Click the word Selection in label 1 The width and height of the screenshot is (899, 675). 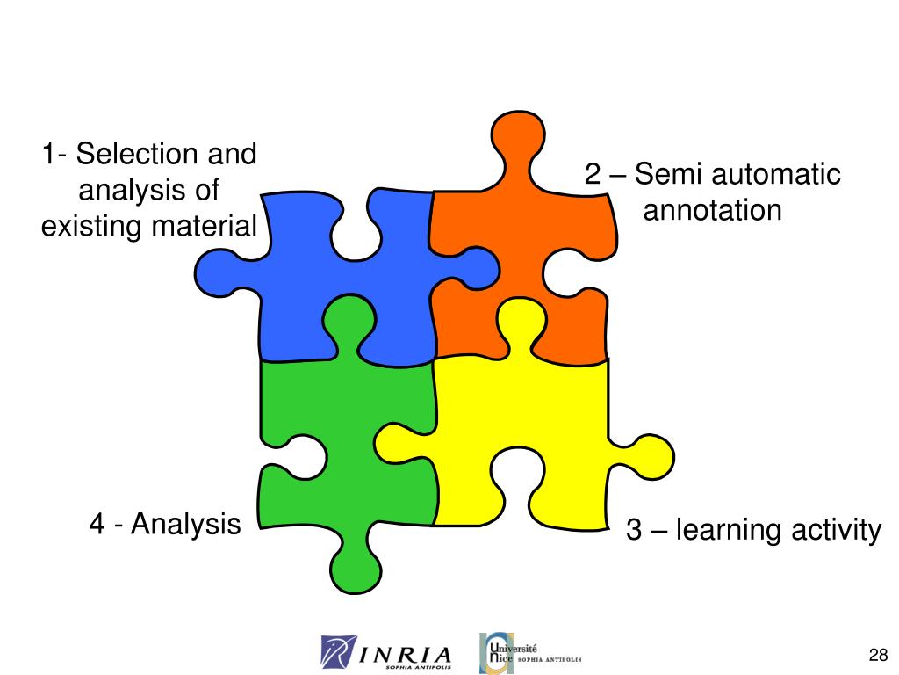[136, 155]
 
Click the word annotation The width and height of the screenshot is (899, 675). [712, 211]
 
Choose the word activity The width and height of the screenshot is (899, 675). [835, 531]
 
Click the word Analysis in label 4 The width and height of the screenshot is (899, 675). [185, 525]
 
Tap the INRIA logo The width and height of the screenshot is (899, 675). [387, 653]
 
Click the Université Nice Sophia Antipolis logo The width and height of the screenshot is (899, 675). [530, 653]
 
